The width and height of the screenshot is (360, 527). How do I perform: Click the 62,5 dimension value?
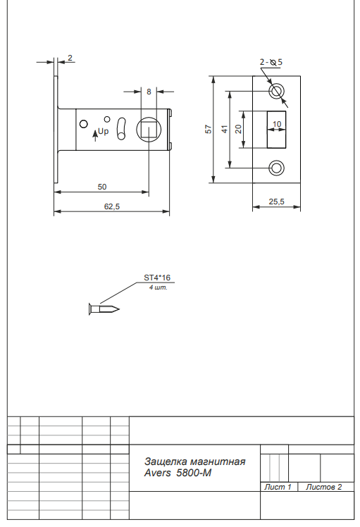click(x=111, y=206)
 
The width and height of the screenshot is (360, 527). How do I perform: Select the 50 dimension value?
click(x=102, y=187)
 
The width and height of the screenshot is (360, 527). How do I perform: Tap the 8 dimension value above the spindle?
click(x=149, y=92)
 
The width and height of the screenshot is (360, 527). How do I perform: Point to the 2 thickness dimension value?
click(x=70, y=58)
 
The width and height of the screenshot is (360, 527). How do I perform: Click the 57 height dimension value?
click(x=209, y=130)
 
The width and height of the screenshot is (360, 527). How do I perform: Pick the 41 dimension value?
click(x=224, y=130)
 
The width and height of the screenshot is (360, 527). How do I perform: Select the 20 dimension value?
click(x=238, y=129)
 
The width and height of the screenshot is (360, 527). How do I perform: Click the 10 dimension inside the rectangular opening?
click(x=277, y=125)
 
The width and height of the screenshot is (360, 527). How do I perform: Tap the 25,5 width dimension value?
click(x=276, y=201)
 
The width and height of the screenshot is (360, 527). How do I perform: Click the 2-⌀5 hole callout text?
click(x=271, y=62)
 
